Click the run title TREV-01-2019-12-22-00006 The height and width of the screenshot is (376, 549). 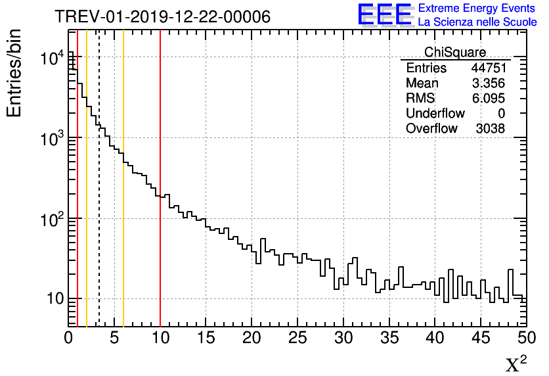(x=162, y=16)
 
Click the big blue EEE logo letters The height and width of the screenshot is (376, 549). (x=384, y=14)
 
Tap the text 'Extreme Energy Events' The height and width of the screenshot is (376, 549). (x=477, y=9)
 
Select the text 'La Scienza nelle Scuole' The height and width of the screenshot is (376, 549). (x=477, y=22)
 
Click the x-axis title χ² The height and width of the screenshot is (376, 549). (x=517, y=364)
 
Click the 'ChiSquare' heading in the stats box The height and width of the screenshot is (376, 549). (x=455, y=52)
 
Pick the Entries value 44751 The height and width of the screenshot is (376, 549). (x=488, y=68)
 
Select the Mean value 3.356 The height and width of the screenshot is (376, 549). (x=491, y=83)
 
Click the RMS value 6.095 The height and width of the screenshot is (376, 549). (x=491, y=99)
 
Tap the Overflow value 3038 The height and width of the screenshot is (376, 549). (x=491, y=129)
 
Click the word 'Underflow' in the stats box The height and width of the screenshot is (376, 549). (x=435, y=114)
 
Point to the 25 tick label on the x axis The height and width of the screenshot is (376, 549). (x=297, y=339)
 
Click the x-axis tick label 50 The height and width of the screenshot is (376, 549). (x=525, y=339)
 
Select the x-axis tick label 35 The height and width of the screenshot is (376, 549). (x=389, y=339)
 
